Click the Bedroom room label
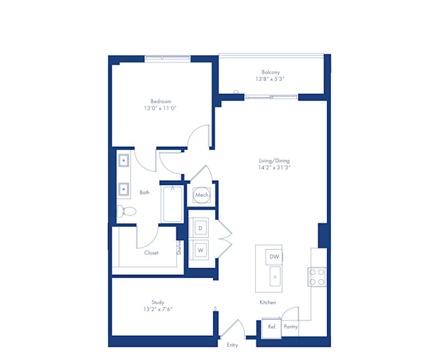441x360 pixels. pos(161,101)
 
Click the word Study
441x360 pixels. pos(158,301)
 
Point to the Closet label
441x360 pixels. pos(151,253)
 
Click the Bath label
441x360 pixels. pos(145,192)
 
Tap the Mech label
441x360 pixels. pos(201,195)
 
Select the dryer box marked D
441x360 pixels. pos(200,228)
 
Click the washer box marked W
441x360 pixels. pos(200,251)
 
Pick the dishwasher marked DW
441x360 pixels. pos(274,256)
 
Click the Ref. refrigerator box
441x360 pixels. pos(272,327)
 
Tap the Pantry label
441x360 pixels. pos(291,327)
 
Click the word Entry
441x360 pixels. pos(233,345)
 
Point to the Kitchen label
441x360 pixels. pos(268,302)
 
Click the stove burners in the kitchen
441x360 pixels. pos(317,276)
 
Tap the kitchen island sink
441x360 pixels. pos(274,277)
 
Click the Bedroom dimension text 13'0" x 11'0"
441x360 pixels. pos(161,108)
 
